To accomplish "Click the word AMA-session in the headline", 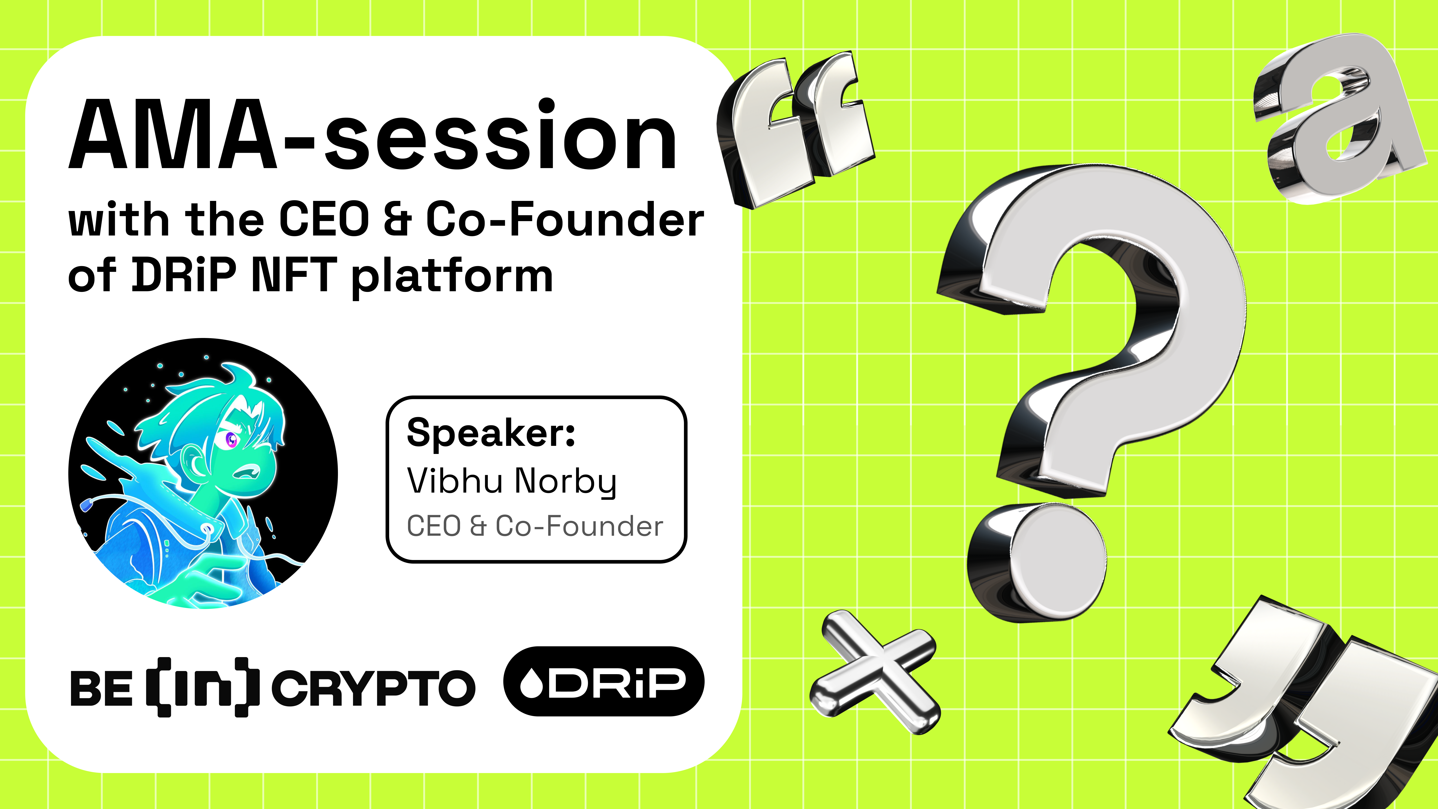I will [x=373, y=136].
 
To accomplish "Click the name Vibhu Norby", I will [x=511, y=481].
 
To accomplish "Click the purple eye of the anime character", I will [x=231, y=440].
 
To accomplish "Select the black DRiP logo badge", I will [x=604, y=681].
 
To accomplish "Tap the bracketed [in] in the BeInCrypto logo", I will [x=202, y=687].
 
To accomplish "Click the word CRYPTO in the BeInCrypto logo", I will [x=373, y=688].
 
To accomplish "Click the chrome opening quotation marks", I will [x=795, y=128].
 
